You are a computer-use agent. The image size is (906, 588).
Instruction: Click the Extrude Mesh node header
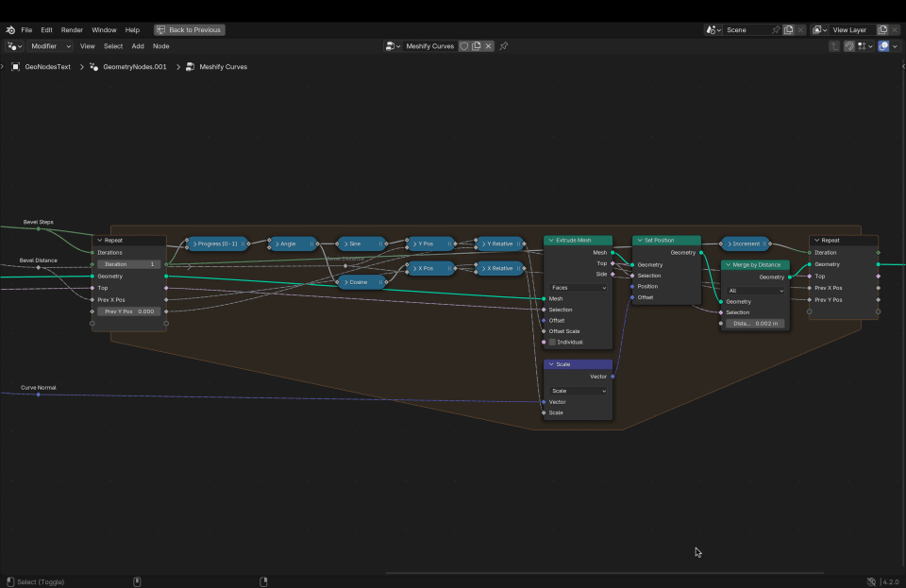coord(578,241)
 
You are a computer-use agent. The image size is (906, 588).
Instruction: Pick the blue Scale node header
coord(578,364)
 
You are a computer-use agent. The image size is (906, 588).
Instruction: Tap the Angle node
coord(292,244)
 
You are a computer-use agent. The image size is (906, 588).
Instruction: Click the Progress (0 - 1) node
coord(217,244)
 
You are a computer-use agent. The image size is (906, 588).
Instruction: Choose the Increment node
coord(746,244)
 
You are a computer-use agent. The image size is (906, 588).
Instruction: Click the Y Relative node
coord(500,244)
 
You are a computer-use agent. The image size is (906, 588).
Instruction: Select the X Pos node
coord(430,268)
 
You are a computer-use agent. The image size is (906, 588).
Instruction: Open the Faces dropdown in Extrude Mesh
coord(578,288)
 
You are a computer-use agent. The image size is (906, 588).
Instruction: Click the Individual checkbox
coord(553,342)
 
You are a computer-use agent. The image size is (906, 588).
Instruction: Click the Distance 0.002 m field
coord(755,323)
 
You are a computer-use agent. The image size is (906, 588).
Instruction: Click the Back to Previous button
coord(190,30)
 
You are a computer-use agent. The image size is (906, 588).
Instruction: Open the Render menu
coord(72,30)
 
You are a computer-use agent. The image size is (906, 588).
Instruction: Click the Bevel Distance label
coord(39,260)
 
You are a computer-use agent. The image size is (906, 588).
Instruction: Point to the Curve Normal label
coord(39,387)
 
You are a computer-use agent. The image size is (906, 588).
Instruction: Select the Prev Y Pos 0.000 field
coord(129,311)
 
